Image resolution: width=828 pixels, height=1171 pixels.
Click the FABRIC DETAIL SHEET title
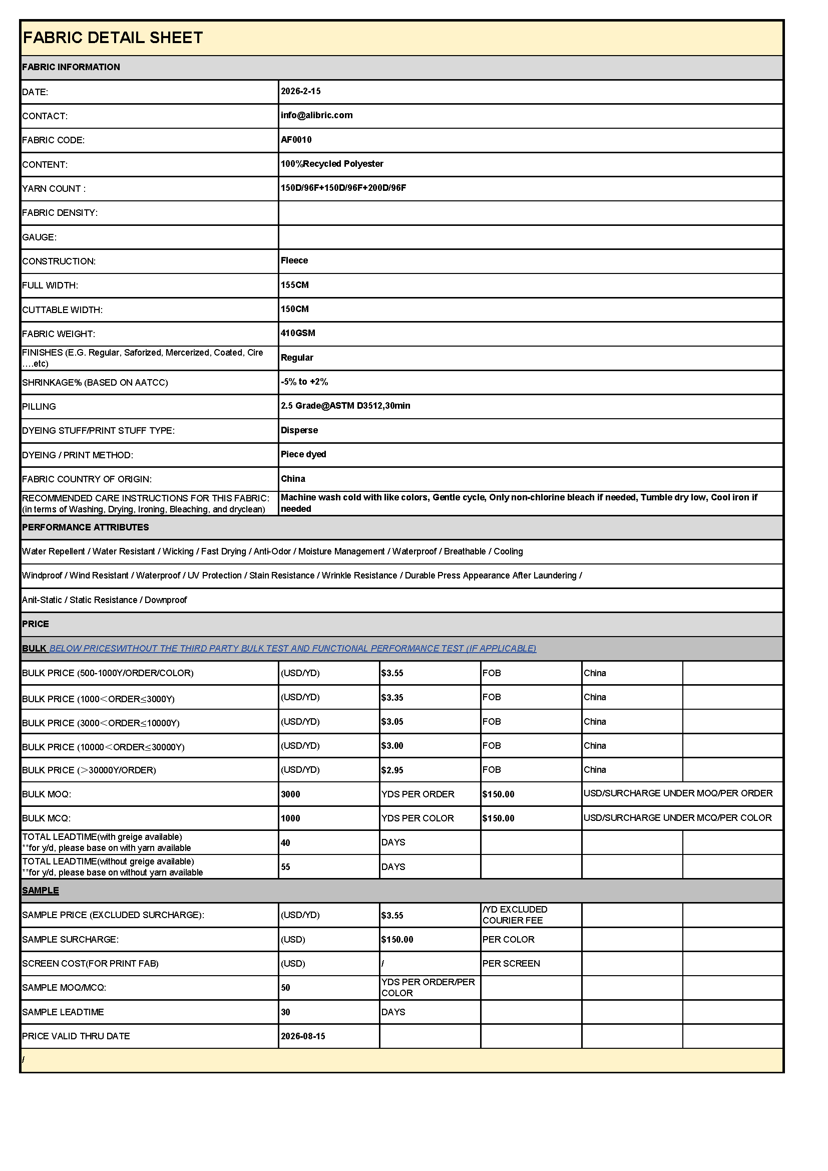click(113, 38)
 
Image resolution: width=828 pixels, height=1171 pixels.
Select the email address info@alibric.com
click(316, 115)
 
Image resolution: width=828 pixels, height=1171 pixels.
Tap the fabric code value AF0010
click(296, 140)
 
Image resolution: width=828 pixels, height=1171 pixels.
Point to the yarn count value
click(343, 188)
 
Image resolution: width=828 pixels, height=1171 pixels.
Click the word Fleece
click(294, 260)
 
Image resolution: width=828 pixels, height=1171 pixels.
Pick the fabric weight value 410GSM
click(298, 333)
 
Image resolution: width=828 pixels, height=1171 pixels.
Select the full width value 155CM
click(295, 285)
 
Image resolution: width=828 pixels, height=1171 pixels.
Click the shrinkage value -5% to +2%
click(304, 382)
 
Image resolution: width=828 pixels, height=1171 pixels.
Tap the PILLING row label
click(39, 407)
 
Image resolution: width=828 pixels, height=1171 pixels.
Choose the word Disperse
click(299, 430)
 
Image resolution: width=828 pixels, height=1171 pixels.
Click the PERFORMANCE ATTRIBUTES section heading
click(85, 527)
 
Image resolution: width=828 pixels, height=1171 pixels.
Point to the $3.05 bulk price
click(391, 722)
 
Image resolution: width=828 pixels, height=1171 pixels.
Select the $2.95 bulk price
click(391, 770)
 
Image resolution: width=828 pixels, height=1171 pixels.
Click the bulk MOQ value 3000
click(290, 794)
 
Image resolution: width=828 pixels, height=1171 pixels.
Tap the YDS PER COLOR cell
click(417, 818)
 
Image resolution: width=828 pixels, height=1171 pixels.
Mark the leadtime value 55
click(285, 867)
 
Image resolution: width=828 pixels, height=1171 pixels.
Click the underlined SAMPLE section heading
click(40, 891)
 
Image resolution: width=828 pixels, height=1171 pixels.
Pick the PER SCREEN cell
click(511, 964)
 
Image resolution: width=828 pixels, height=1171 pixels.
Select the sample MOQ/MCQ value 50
click(285, 988)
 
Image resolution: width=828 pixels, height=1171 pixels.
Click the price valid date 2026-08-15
click(303, 1036)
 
